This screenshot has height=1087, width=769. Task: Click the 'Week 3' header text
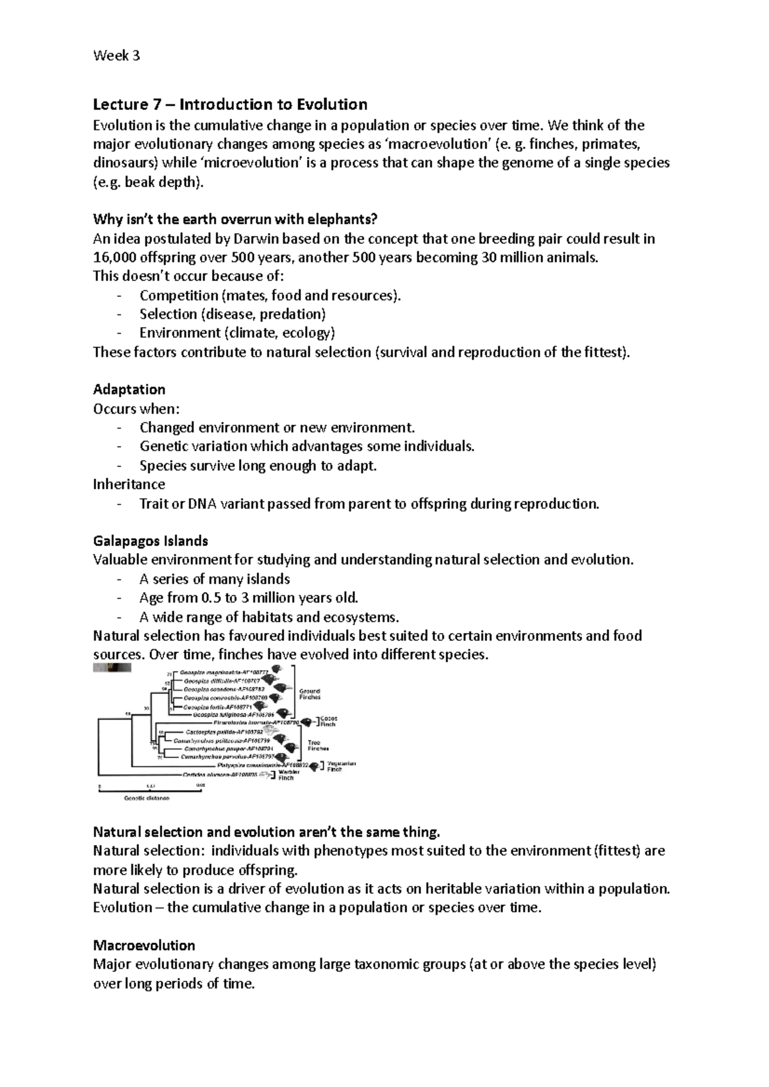pyautogui.click(x=116, y=56)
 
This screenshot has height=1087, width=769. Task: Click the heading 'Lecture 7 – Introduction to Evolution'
pyautogui.click(x=230, y=104)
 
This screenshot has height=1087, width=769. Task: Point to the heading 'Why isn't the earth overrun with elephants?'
pyautogui.click(x=235, y=220)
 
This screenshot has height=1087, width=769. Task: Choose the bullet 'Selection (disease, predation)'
pyautogui.click(x=233, y=314)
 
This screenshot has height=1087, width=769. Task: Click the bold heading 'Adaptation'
pyautogui.click(x=129, y=389)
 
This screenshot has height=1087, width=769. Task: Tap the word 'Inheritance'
pyautogui.click(x=129, y=485)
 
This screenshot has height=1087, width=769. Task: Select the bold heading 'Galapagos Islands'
pyautogui.click(x=151, y=541)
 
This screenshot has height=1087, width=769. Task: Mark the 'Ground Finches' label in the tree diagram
pyautogui.click(x=310, y=694)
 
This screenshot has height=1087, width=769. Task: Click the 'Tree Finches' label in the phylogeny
pyautogui.click(x=318, y=745)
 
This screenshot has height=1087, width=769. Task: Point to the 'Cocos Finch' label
pyautogui.click(x=328, y=721)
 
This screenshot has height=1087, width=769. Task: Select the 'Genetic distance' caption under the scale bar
pyautogui.click(x=147, y=798)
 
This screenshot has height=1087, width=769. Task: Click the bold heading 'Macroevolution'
pyautogui.click(x=144, y=946)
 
